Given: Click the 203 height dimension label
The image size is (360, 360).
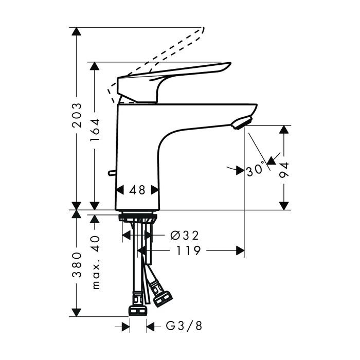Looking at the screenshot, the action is (x=77, y=115).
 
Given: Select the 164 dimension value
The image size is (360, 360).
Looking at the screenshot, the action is (x=95, y=130).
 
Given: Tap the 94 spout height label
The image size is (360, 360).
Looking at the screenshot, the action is (x=284, y=170).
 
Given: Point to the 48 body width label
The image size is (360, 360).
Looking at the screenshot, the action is (x=137, y=190).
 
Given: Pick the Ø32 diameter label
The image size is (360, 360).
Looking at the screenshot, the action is (x=184, y=236).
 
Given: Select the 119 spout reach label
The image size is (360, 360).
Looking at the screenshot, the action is (x=189, y=251).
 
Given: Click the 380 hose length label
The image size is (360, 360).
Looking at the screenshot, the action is (x=77, y=265).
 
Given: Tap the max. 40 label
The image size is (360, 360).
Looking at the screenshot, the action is (x=96, y=262).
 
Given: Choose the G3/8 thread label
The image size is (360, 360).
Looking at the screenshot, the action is (x=184, y=326).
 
